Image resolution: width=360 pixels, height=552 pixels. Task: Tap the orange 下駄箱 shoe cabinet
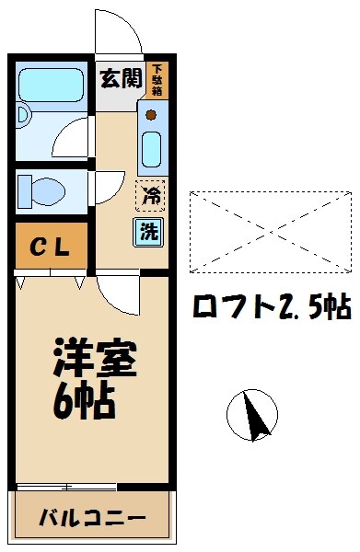(158, 80)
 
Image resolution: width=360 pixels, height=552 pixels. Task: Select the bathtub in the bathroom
(52, 86)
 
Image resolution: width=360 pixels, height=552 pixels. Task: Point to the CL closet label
(52, 247)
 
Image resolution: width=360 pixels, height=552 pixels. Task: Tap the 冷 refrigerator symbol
(149, 195)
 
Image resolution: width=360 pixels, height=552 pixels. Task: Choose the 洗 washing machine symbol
(149, 231)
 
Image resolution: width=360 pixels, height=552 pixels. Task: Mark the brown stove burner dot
(151, 116)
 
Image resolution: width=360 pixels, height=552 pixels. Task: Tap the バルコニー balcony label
(92, 518)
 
